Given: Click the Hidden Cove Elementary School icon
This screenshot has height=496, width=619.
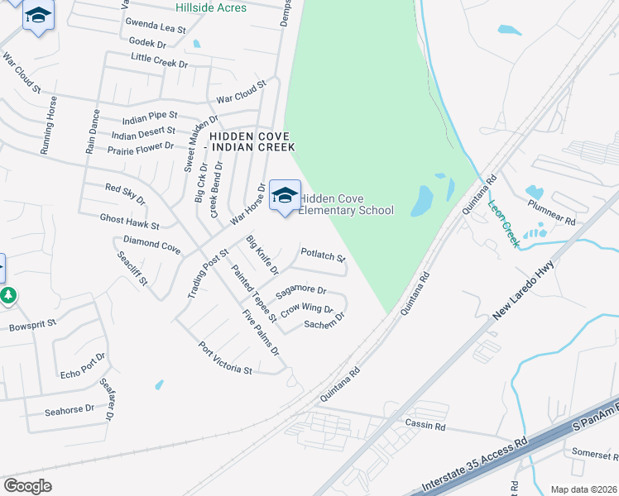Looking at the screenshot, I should [x=285, y=195].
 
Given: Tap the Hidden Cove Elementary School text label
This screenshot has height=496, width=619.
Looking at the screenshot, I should [x=346, y=204].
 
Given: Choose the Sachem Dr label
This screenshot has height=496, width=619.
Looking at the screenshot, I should [x=324, y=325].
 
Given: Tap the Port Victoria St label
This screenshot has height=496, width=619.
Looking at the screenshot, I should [x=225, y=359].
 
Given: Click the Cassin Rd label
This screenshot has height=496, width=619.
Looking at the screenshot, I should [x=425, y=427].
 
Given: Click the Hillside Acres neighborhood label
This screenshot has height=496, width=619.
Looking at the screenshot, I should [x=210, y=8].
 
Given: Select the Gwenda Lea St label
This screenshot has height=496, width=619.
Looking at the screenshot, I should [x=156, y=28].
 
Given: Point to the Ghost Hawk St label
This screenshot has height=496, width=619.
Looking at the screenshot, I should [x=130, y=220].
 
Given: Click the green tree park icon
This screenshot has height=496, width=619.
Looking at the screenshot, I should [x=8, y=295].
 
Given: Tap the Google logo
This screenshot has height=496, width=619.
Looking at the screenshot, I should [x=27, y=486].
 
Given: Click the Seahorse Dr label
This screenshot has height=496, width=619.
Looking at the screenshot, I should [x=70, y=410].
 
